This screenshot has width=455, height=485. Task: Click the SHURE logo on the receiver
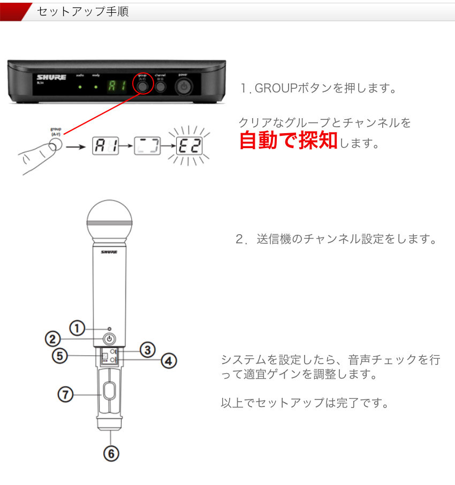pos(51,78)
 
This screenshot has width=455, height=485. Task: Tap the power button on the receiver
pos(184,86)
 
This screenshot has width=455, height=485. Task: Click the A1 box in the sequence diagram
pos(105,145)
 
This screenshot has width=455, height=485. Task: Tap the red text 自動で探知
pos(288,140)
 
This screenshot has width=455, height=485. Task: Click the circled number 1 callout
pos(78,328)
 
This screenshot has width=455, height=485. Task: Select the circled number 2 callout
pos(52,338)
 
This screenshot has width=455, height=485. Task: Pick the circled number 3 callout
pos(148,350)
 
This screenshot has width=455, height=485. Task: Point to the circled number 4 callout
pos(169,361)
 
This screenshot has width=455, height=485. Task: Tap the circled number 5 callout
pos(60,356)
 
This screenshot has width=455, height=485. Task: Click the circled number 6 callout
pos(111,453)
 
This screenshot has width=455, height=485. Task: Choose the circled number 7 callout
pos(65,395)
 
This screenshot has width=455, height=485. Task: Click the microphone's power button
pos(109,338)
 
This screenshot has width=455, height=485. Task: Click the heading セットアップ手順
pos(83,11)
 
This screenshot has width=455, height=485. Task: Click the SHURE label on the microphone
pos(109,251)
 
